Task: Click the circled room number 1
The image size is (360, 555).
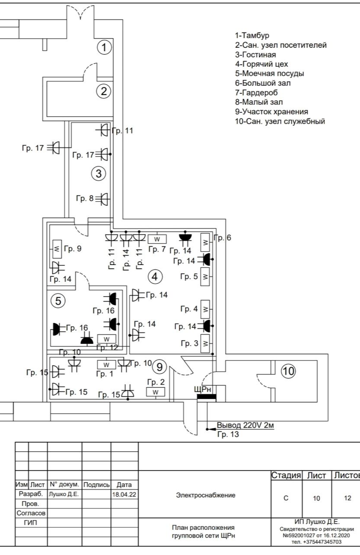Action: (x=104, y=47)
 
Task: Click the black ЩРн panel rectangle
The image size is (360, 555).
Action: (x=206, y=397)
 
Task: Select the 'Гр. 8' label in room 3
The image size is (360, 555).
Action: (x=85, y=199)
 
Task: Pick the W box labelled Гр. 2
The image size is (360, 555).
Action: (x=156, y=392)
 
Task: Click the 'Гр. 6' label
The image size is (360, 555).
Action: (x=223, y=238)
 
